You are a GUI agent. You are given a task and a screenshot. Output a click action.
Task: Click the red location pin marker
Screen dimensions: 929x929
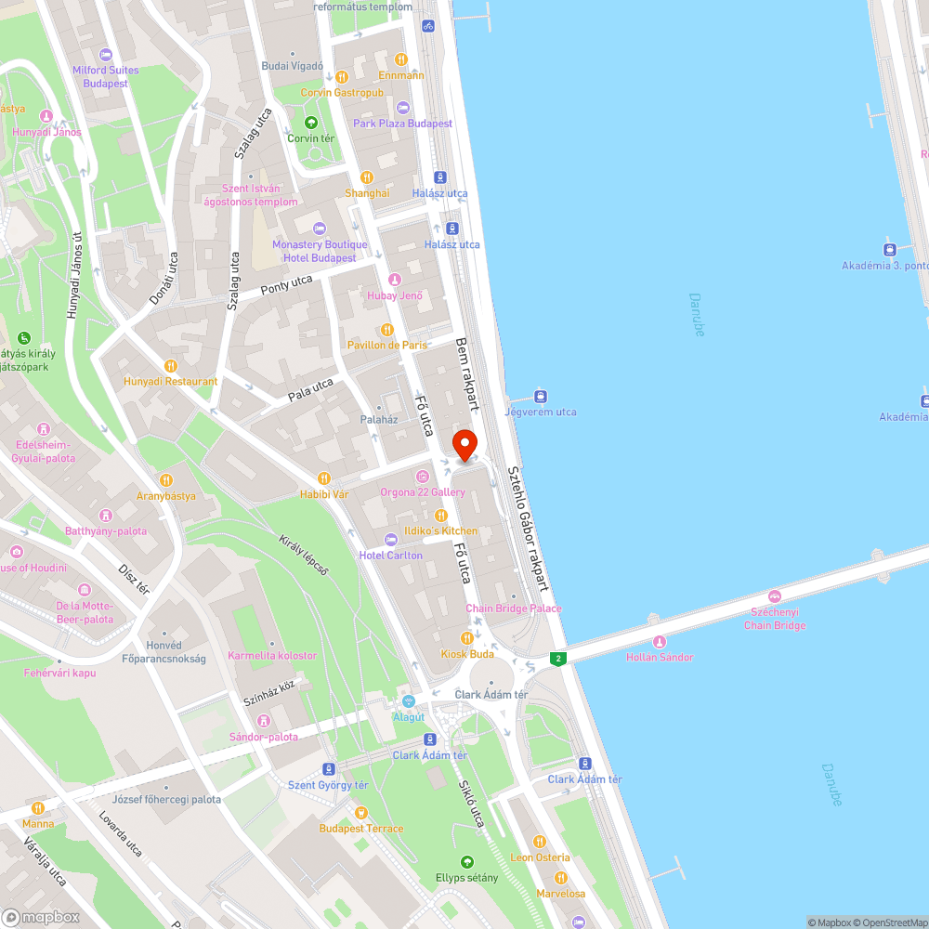click(x=464, y=444)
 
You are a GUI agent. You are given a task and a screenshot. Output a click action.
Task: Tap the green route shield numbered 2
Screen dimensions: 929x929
click(x=557, y=659)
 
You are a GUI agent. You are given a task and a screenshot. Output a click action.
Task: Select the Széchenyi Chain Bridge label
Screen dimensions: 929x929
click(x=775, y=619)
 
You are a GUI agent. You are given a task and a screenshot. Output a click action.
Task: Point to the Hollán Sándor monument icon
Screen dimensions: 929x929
click(x=660, y=641)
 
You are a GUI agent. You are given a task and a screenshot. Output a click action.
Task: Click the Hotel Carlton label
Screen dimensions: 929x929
click(x=391, y=556)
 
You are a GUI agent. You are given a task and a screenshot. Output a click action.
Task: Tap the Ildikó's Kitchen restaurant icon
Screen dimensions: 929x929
click(x=440, y=516)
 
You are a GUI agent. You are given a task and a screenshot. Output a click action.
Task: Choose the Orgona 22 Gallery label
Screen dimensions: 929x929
click(x=423, y=491)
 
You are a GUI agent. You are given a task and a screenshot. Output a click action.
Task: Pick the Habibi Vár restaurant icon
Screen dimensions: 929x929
click(x=323, y=478)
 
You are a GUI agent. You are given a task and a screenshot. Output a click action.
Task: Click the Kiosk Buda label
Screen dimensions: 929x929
click(x=467, y=654)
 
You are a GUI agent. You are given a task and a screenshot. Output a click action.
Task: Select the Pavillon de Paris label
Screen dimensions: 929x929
click(x=387, y=345)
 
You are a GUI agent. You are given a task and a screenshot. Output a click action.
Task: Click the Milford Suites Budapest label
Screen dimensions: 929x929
click(x=105, y=76)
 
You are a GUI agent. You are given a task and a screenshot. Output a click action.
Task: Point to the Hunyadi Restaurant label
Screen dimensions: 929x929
click(x=171, y=381)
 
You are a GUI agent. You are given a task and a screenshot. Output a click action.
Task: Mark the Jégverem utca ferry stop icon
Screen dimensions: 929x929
click(x=541, y=396)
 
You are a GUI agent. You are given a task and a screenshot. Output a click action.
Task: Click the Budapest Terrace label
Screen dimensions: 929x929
click(x=361, y=829)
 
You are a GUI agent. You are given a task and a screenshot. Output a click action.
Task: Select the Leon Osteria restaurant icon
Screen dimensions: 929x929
click(x=539, y=842)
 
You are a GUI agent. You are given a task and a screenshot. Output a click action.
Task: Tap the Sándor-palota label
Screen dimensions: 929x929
click(x=264, y=737)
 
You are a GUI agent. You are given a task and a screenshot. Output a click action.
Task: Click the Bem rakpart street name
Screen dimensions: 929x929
click(x=466, y=374)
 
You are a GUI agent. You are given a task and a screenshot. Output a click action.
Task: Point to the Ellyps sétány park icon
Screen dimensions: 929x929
click(x=467, y=862)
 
